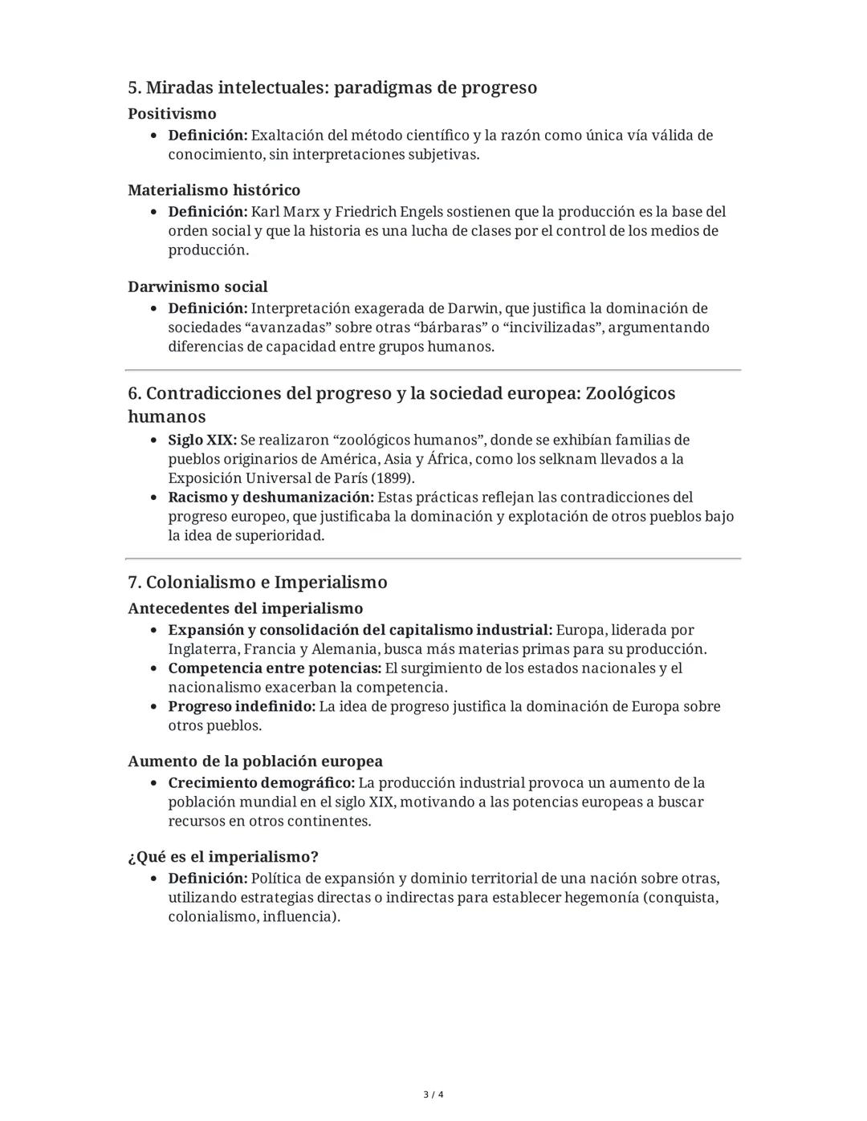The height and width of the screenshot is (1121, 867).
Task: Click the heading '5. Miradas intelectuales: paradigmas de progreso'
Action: pyautogui.click(x=332, y=87)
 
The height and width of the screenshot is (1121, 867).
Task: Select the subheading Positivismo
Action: pyautogui.click(x=172, y=114)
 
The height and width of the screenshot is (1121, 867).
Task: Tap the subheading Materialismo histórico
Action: pyautogui.click(x=214, y=190)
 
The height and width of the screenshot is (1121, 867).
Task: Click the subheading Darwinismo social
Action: pyautogui.click(x=197, y=286)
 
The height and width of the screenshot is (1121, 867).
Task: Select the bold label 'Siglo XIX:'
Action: pyautogui.click(x=202, y=440)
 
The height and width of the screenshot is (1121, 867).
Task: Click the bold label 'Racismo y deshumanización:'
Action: pyautogui.click(x=271, y=498)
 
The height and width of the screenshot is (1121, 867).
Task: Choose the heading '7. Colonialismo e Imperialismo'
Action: pyautogui.click(x=257, y=582)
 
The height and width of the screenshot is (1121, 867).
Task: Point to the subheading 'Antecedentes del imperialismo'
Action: pyautogui.click(x=245, y=608)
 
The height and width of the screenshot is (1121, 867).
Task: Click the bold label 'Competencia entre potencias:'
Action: pyautogui.click(x=275, y=668)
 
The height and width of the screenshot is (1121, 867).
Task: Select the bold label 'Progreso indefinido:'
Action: pyautogui.click(x=242, y=707)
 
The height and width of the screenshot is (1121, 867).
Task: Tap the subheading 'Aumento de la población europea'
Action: pyautogui.click(x=254, y=761)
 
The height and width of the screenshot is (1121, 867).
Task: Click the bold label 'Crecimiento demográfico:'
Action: pyautogui.click(x=261, y=782)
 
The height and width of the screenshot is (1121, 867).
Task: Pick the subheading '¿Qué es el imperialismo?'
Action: pyautogui.click(x=223, y=856)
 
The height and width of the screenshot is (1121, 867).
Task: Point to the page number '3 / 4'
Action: pyautogui.click(x=433, y=1095)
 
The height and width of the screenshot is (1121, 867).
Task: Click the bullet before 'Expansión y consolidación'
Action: pyautogui.click(x=153, y=631)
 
